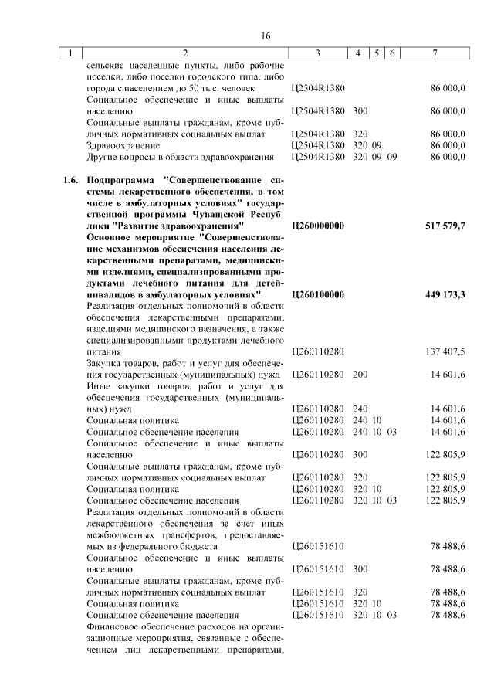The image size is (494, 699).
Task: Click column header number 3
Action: [x=318, y=53]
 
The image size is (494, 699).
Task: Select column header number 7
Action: [x=435, y=53]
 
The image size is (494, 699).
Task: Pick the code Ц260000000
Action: [x=318, y=226]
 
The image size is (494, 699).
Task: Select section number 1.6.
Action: [x=70, y=180]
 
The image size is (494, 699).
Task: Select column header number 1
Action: [x=70, y=53]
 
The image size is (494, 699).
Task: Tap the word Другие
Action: [x=103, y=157]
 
